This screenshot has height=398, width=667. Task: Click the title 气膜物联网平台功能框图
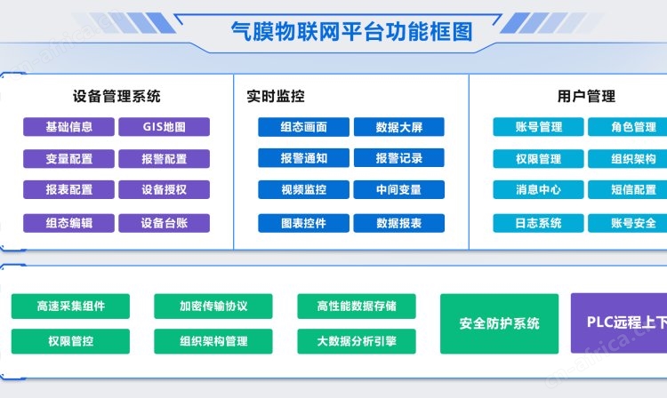coord(352,31)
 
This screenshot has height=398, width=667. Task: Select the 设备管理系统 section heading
coord(117,97)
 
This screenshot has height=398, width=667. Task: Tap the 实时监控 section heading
coord(276,97)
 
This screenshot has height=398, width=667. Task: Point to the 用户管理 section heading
coord(586,97)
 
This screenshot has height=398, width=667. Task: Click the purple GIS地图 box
coord(165,126)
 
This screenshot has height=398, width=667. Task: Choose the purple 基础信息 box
coord(68,126)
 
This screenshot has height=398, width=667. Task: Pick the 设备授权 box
coord(165,189)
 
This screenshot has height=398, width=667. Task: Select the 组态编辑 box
coord(68,223)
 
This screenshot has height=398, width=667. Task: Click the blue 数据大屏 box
coord(399,126)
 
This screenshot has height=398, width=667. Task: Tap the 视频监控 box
coord(304,189)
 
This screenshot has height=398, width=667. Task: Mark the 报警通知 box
coord(304,158)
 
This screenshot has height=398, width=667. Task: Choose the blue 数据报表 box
coord(399,223)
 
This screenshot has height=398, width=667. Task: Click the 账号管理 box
coord(539,126)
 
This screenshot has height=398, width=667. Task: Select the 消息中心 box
coord(539,189)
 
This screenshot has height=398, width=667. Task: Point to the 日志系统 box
coord(539,223)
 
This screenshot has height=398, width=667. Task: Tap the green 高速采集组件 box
coord(70,306)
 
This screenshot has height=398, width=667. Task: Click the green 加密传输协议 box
coord(213,306)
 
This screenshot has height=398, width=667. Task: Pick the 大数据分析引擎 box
coord(357,341)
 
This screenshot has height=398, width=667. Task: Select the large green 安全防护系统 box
coord(500,323)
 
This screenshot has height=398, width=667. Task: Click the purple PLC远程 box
coord(619,322)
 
